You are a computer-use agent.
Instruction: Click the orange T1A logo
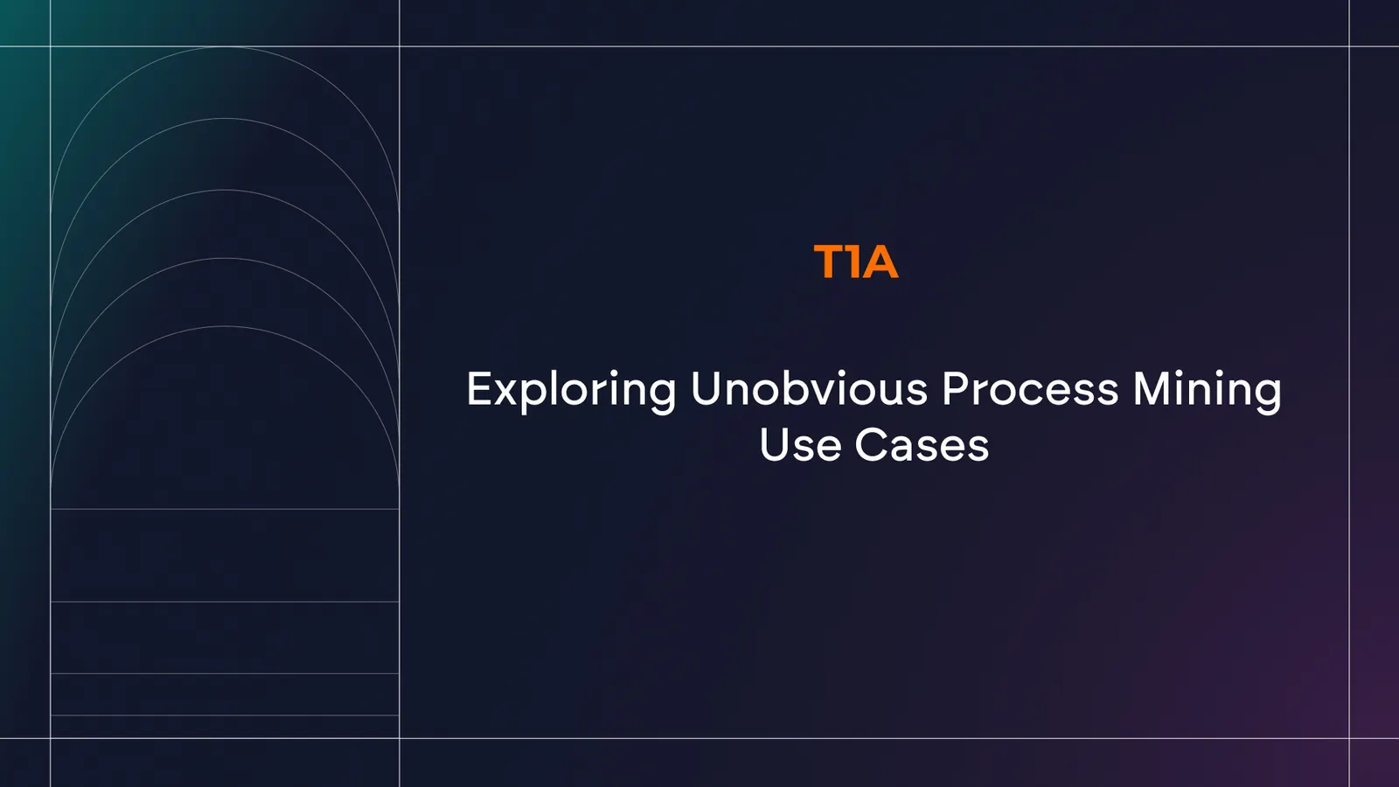(856, 261)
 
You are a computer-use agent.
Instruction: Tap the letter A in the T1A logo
(881, 261)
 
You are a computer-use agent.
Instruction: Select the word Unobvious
(809, 388)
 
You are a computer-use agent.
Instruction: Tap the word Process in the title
(1030, 388)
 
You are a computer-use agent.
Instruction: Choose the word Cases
(922, 445)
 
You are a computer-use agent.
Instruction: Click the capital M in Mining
(1152, 388)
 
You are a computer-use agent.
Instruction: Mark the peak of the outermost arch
(225, 47)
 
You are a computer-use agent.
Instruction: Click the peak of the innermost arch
(225, 326)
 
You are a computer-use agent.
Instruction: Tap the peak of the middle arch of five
(225, 190)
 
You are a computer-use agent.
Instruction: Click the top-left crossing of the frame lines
(51, 46)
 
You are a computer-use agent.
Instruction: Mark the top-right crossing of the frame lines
(1350, 46)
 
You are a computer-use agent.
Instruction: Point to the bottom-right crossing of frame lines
(1350, 738)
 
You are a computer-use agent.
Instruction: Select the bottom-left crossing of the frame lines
(51, 738)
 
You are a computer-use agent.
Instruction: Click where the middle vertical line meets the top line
(400, 46)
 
